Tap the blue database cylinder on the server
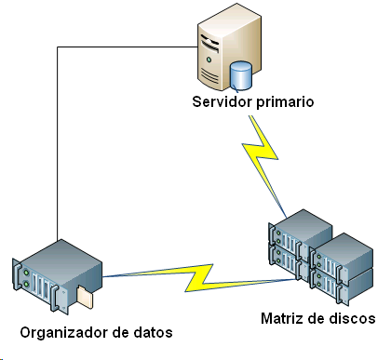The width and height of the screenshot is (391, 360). click(x=242, y=73)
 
